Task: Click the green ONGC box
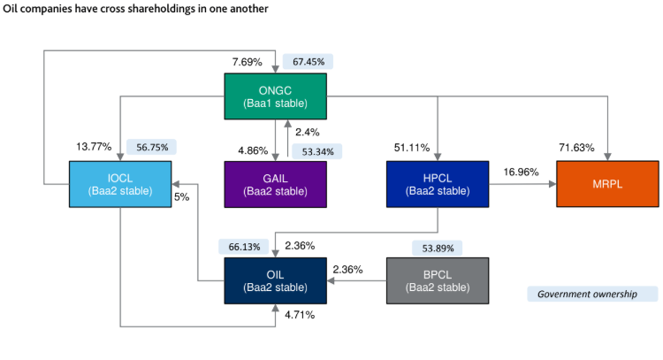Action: tap(275, 96)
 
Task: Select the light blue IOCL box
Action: tap(120, 183)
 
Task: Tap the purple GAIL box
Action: tap(275, 183)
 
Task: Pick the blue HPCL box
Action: tap(438, 183)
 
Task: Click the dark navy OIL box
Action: tap(275, 280)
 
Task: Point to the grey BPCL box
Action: tap(438, 280)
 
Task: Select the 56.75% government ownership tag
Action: tap(152, 148)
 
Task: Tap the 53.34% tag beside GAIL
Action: tap(316, 151)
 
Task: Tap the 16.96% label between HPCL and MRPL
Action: tap(522, 172)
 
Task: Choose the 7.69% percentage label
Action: tap(248, 63)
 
